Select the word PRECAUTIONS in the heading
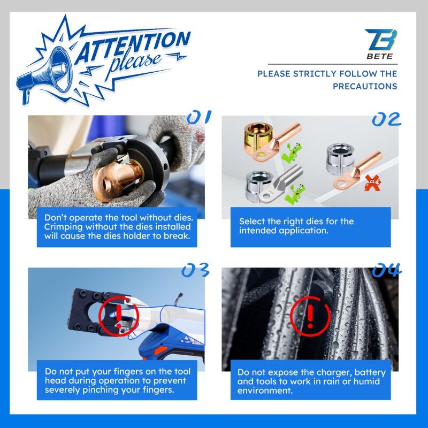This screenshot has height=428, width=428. [365, 86]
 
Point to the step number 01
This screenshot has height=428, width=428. [199, 117]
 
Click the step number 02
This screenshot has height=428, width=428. [386, 119]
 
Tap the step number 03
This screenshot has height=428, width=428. [195, 270]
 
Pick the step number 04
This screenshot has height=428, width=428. [387, 270]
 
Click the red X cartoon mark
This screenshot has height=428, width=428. [373, 183]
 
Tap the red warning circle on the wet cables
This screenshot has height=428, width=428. [310, 316]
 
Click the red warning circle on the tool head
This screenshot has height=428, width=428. [119, 316]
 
